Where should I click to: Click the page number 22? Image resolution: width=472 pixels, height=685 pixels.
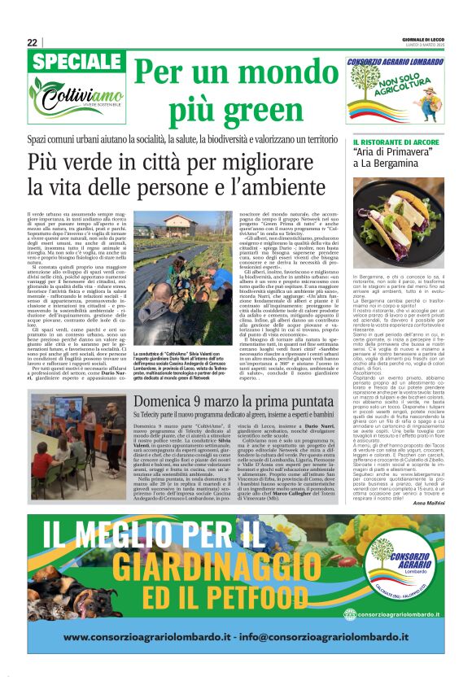(32, 42)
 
